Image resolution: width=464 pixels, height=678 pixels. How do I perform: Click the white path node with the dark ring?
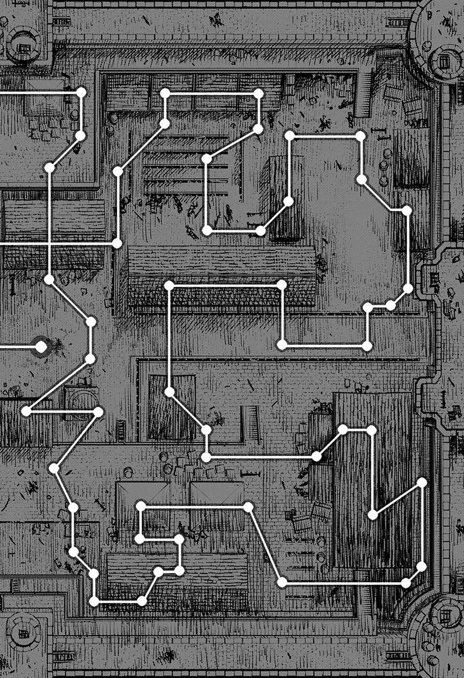coord(41,347)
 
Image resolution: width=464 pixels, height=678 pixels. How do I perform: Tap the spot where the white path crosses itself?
coord(50,243)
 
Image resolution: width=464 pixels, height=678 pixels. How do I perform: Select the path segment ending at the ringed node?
coord(19,347)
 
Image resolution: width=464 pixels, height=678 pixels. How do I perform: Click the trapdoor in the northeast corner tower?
coord(444,59)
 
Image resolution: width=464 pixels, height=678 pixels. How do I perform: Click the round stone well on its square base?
coord(81,399)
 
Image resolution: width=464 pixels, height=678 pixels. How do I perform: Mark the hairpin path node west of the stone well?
coord(26,411)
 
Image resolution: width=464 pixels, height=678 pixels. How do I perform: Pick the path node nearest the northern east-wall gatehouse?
coord(408,288)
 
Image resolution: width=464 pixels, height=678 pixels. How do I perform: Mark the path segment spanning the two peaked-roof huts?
coord(194,506)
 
